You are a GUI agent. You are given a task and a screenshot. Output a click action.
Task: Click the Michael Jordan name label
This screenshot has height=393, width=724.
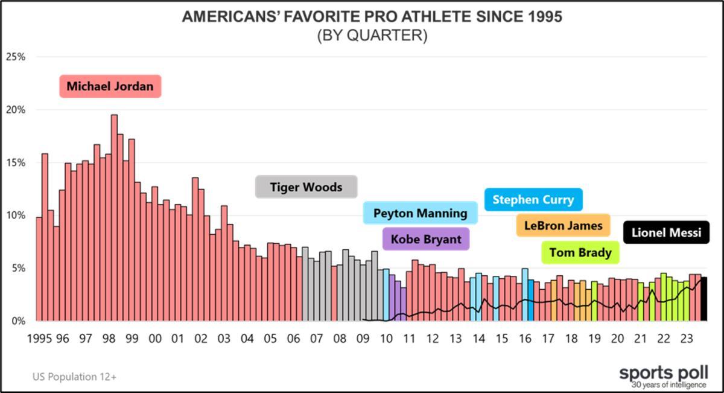110,86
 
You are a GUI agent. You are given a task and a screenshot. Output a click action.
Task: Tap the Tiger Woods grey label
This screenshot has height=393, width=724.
306,187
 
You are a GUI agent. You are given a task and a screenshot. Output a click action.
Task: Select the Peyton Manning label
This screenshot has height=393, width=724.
420,213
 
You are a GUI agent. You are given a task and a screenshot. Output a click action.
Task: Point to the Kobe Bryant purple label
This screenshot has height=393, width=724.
426,239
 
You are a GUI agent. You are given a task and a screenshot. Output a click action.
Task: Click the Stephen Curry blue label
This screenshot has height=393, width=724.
533,199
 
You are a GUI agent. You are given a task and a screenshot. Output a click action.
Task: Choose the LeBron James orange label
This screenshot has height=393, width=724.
563,226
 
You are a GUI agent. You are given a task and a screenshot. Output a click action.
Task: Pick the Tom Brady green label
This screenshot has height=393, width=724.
580,252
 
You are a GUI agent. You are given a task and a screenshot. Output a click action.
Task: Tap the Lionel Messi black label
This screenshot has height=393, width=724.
666,232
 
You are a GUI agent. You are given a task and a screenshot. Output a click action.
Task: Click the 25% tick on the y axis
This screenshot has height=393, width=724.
15,57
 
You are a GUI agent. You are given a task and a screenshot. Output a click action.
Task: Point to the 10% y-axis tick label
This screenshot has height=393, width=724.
15,216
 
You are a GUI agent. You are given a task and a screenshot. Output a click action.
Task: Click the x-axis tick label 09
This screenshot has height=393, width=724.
363,339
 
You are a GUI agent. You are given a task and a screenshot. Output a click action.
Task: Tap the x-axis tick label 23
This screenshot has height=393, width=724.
686,339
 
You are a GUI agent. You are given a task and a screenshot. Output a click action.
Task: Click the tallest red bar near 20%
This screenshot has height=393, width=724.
114,217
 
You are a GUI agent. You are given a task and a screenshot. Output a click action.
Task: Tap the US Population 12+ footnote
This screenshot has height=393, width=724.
74,377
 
